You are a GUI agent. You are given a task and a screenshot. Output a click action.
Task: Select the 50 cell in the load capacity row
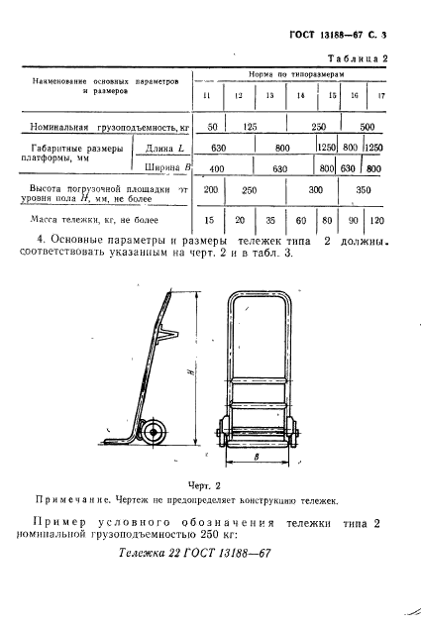coord(209,129)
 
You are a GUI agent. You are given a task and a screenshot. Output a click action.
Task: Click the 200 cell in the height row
coord(210,189)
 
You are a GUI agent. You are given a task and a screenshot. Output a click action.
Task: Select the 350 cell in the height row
coord(365,189)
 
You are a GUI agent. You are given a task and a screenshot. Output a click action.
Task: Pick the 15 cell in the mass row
coord(209,222)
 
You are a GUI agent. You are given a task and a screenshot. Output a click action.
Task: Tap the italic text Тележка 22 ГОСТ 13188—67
coord(194,554)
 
